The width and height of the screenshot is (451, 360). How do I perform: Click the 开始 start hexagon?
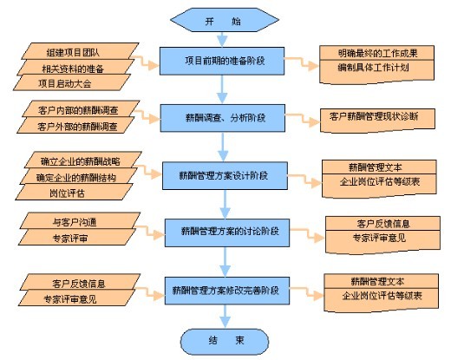(x=225, y=20)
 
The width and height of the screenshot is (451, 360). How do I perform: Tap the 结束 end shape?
(x=225, y=342)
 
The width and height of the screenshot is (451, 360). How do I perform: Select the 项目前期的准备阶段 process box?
(x=222, y=61)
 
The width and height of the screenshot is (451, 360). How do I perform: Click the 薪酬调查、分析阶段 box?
(x=223, y=118)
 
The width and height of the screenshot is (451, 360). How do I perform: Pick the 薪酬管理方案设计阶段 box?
(x=225, y=175)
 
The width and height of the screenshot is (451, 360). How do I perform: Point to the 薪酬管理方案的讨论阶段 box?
(x=227, y=232)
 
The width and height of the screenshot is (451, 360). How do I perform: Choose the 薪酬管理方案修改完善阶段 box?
(x=227, y=291)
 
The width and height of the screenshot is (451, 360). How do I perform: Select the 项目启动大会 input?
(x=72, y=82)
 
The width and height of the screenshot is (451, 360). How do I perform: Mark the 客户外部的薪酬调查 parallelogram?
(x=75, y=125)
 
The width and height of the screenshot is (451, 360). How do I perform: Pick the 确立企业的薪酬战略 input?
(x=83, y=160)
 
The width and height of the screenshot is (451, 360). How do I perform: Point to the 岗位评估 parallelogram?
(x=75, y=192)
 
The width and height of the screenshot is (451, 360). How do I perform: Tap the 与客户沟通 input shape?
(x=81, y=221)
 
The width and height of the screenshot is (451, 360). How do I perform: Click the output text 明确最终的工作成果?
(x=377, y=53)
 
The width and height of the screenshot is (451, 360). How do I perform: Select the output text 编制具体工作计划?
(x=373, y=68)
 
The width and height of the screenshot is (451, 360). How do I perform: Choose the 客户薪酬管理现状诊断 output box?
(x=377, y=120)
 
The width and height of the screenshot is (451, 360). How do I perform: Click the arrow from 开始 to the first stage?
(x=222, y=40)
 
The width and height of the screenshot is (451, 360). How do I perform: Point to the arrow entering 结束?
(x=225, y=317)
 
